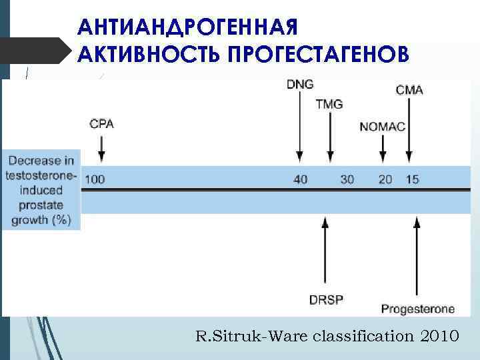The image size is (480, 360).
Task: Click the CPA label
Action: tap(101, 124)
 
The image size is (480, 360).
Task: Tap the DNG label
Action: tap(299, 84)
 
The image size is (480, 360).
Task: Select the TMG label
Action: tap(329, 104)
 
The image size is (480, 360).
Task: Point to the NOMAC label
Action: tap(382, 127)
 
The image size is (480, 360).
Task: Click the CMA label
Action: tap(409, 89)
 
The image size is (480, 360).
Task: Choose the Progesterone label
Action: tap(418, 309)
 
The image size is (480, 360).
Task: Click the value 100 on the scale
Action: tap(95, 179)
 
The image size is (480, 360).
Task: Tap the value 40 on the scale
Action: tap(301, 179)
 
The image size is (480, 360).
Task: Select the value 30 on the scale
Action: tap(347, 179)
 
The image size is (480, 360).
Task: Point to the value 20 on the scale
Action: tap(385, 179)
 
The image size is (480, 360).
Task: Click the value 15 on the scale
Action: tap(412, 179)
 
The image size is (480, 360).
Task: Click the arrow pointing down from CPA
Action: tap(101, 148)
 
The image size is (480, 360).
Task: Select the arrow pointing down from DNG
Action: tap(299, 127)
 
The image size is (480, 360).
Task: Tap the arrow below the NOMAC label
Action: tap(383, 149)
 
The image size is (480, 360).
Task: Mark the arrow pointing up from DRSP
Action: tap(325, 253)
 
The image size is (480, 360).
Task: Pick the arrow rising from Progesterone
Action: tap(417, 257)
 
